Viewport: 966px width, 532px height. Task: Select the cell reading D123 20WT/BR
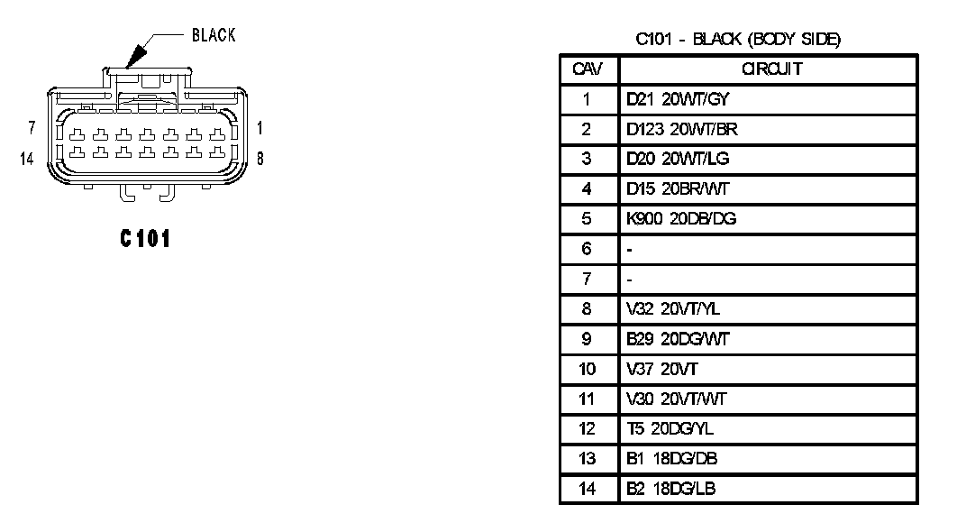pos(682,129)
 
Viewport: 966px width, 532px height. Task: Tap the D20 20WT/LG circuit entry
pos(679,159)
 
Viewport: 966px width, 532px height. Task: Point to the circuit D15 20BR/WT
pos(678,189)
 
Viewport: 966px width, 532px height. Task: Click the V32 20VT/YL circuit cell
pos(673,309)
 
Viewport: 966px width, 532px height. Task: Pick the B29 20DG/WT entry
pos(678,339)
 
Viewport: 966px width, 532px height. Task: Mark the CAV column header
pos(587,69)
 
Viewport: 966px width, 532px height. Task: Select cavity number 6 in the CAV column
pos(587,249)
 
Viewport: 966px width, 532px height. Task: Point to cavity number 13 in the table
pos(587,459)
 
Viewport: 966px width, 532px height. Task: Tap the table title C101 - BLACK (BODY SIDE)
pos(738,40)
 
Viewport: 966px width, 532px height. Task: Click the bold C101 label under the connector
pos(145,239)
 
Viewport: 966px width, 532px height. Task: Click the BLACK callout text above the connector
pos(214,35)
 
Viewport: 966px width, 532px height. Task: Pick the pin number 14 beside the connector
pos(27,159)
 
